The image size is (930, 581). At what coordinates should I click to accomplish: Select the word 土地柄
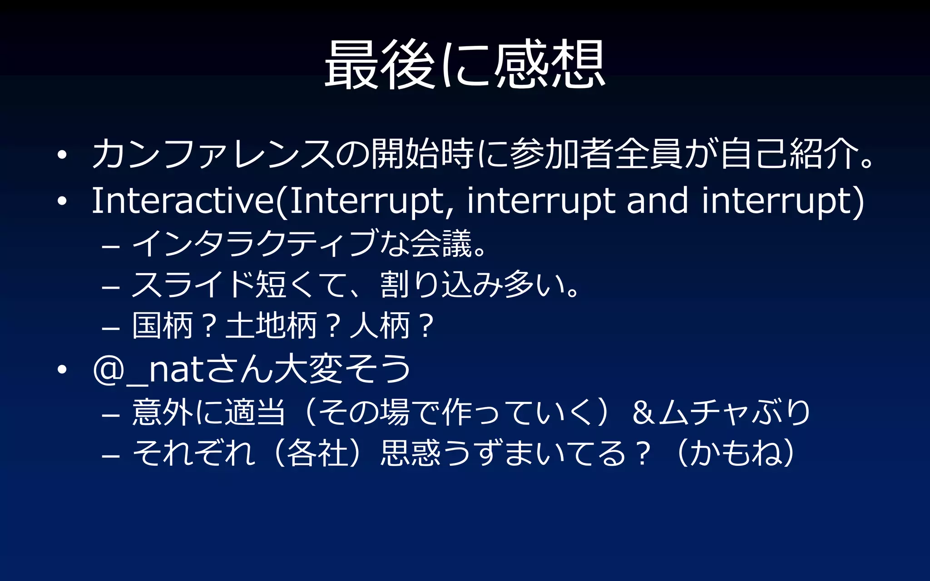[x=271, y=326]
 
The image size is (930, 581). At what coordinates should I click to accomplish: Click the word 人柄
[x=380, y=326]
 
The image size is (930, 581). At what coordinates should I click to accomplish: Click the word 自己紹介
[x=788, y=153]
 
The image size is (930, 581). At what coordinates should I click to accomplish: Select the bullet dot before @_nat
[x=62, y=370]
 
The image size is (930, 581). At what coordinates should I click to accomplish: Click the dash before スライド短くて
[x=111, y=287]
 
